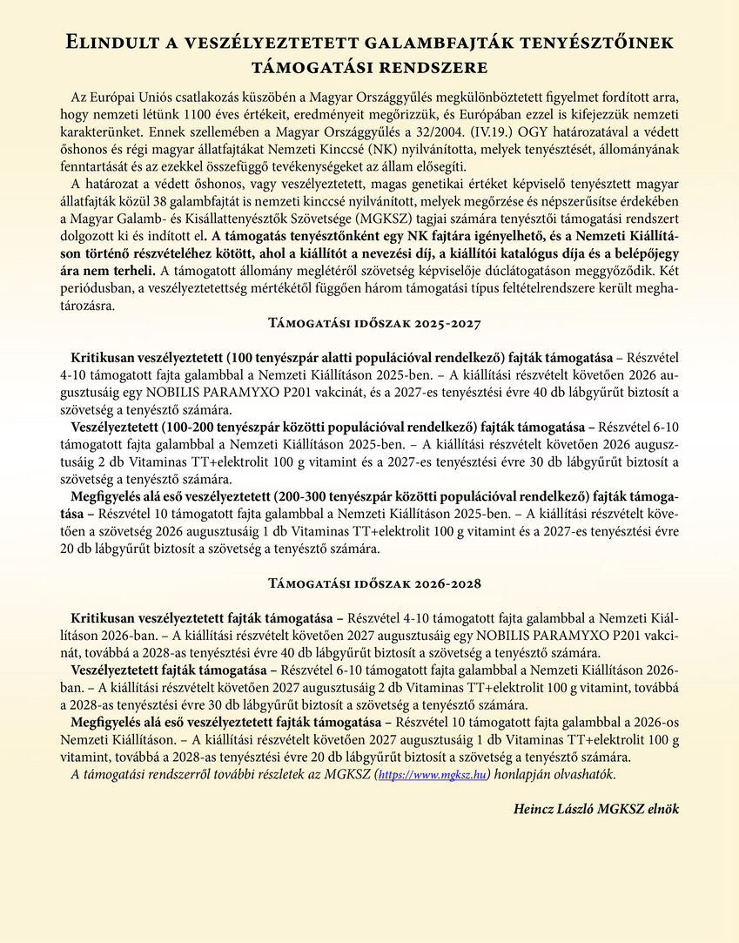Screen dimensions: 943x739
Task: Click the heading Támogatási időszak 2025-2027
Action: pyautogui.click(x=369, y=323)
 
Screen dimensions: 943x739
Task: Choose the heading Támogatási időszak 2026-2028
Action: pyautogui.click(x=369, y=583)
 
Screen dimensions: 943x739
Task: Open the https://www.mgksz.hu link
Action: pyautogui.click(x=432, y=774)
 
